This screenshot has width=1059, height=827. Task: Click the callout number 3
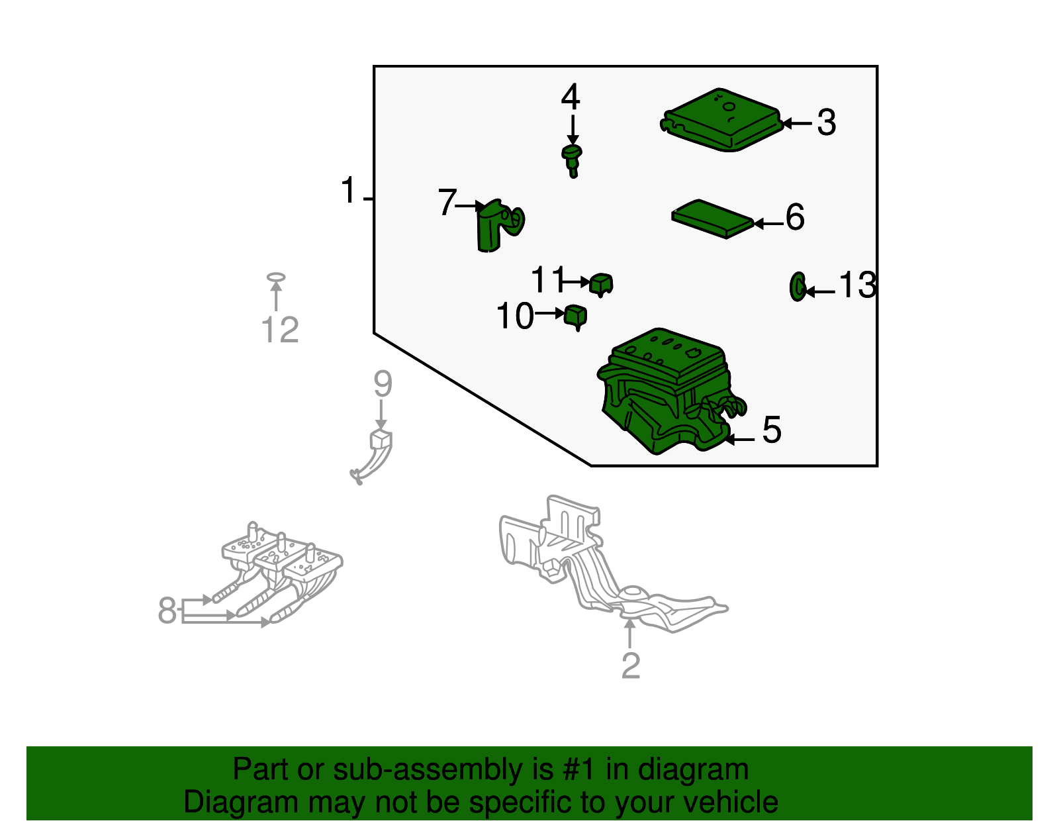827,122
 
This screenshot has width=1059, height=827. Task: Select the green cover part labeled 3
721,120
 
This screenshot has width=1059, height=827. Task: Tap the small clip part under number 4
572,160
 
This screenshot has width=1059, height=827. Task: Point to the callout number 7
447,202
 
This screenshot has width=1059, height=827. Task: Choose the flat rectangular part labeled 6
712,219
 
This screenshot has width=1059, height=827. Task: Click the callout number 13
858,285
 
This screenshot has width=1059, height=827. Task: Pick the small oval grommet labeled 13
798,287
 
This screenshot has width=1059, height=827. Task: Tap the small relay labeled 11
601,285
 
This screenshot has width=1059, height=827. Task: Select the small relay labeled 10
576,316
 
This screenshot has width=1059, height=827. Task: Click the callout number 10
515,316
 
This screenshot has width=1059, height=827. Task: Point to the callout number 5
772,430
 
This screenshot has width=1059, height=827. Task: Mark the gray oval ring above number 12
276,277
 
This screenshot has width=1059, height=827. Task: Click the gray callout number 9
383,384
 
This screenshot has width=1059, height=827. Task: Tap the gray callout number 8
167,610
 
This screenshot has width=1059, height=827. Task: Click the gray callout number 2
631,665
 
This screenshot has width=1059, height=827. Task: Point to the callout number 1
348,190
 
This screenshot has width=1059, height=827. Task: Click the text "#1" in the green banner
578,769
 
